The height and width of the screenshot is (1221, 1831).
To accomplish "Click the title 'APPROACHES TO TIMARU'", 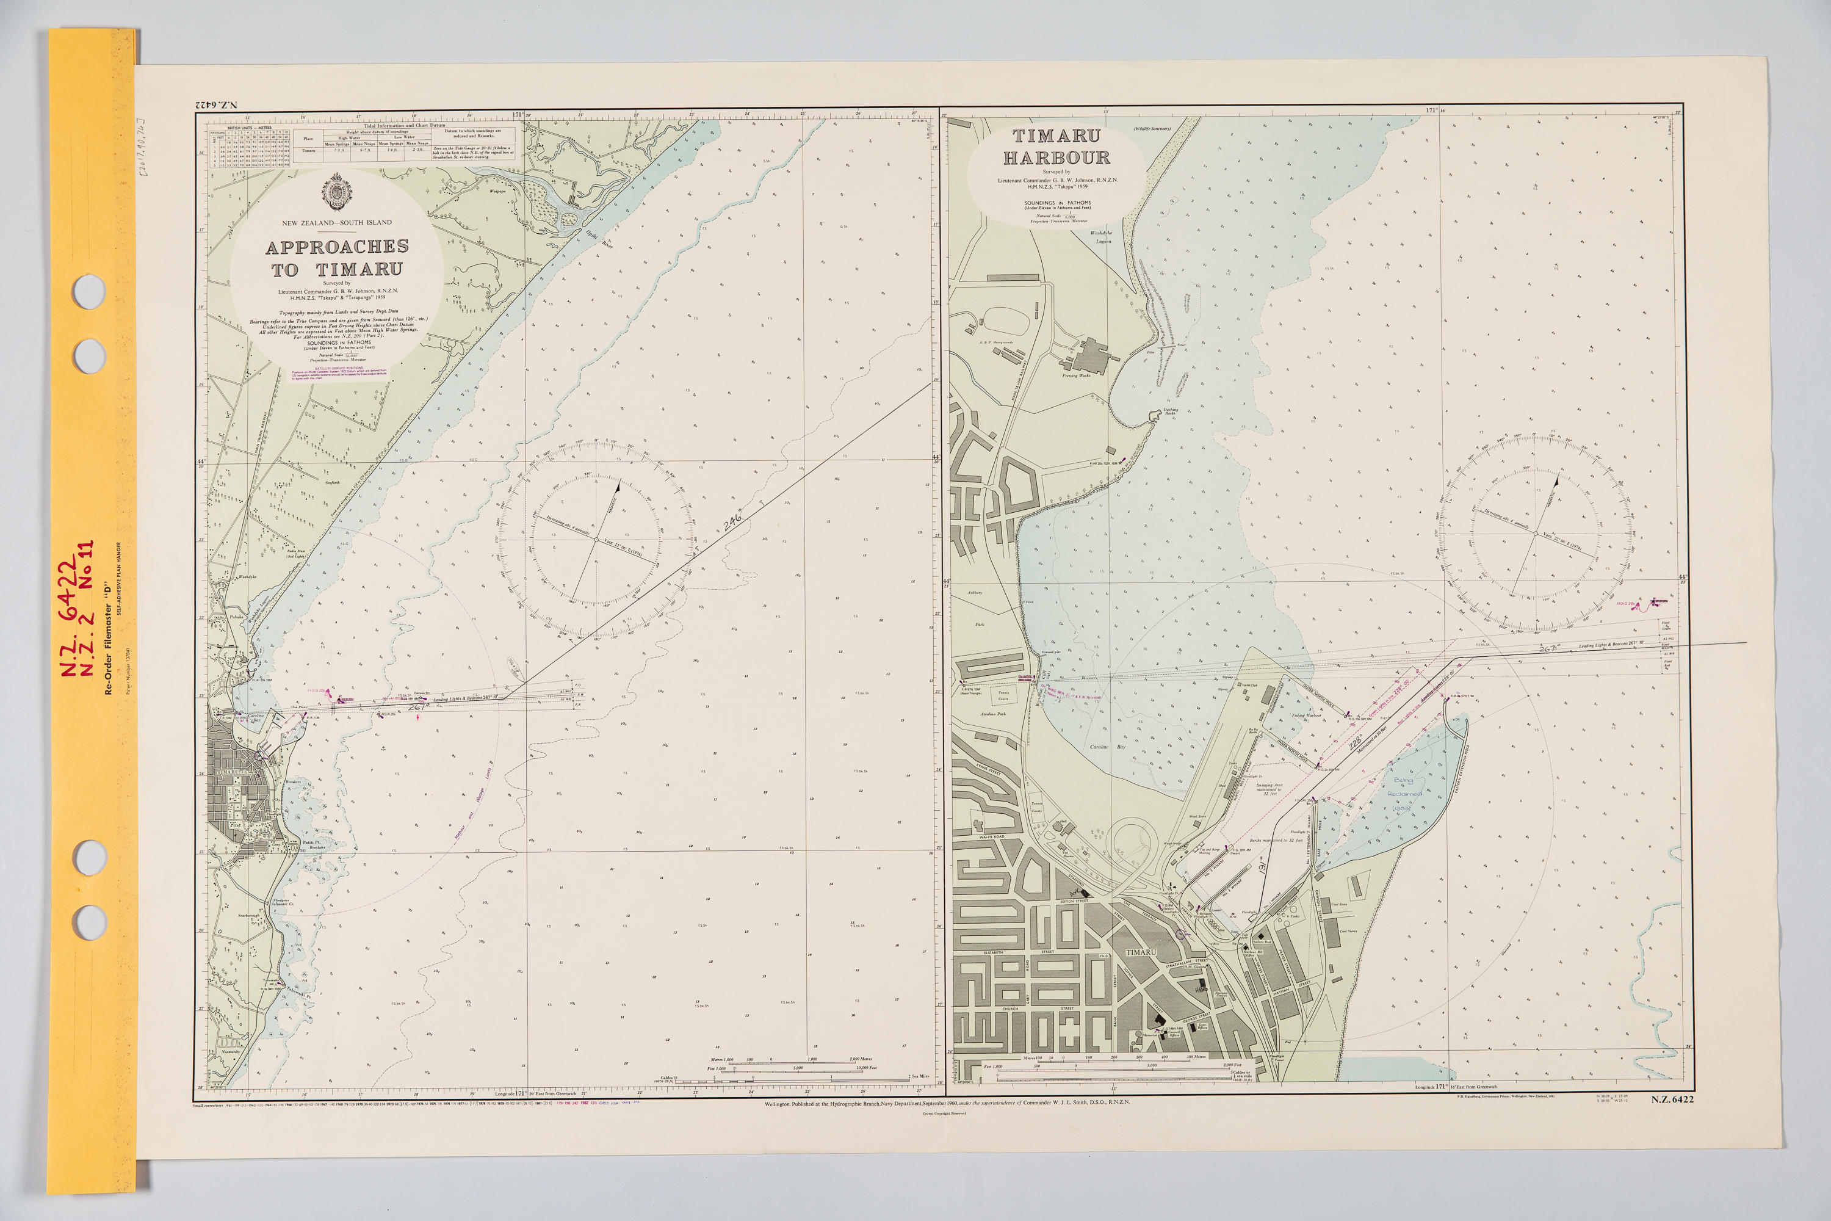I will (336, 258).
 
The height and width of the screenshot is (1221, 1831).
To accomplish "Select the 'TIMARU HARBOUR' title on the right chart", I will (1056, 147).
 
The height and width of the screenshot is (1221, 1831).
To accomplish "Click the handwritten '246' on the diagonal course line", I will (732, 523).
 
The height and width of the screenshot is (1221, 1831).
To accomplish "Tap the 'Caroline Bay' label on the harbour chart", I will (1108, 746).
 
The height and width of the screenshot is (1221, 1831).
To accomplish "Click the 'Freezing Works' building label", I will (1076, 375).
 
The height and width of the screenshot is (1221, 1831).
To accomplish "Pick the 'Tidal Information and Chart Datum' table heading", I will (405, 125).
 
